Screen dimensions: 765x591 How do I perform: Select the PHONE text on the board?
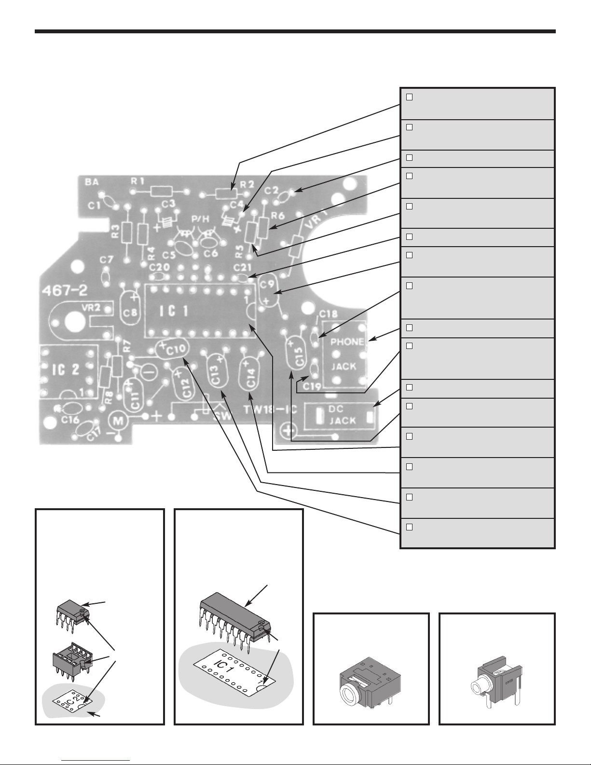(347, 342)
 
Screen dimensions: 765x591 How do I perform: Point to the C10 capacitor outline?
(173, 348)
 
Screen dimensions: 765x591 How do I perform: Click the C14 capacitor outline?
(250, 376)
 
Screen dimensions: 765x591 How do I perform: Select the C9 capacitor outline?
(268, 291)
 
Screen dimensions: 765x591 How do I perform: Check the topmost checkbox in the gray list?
(409, 97)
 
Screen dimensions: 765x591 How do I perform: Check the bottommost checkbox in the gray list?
(409, 527)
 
